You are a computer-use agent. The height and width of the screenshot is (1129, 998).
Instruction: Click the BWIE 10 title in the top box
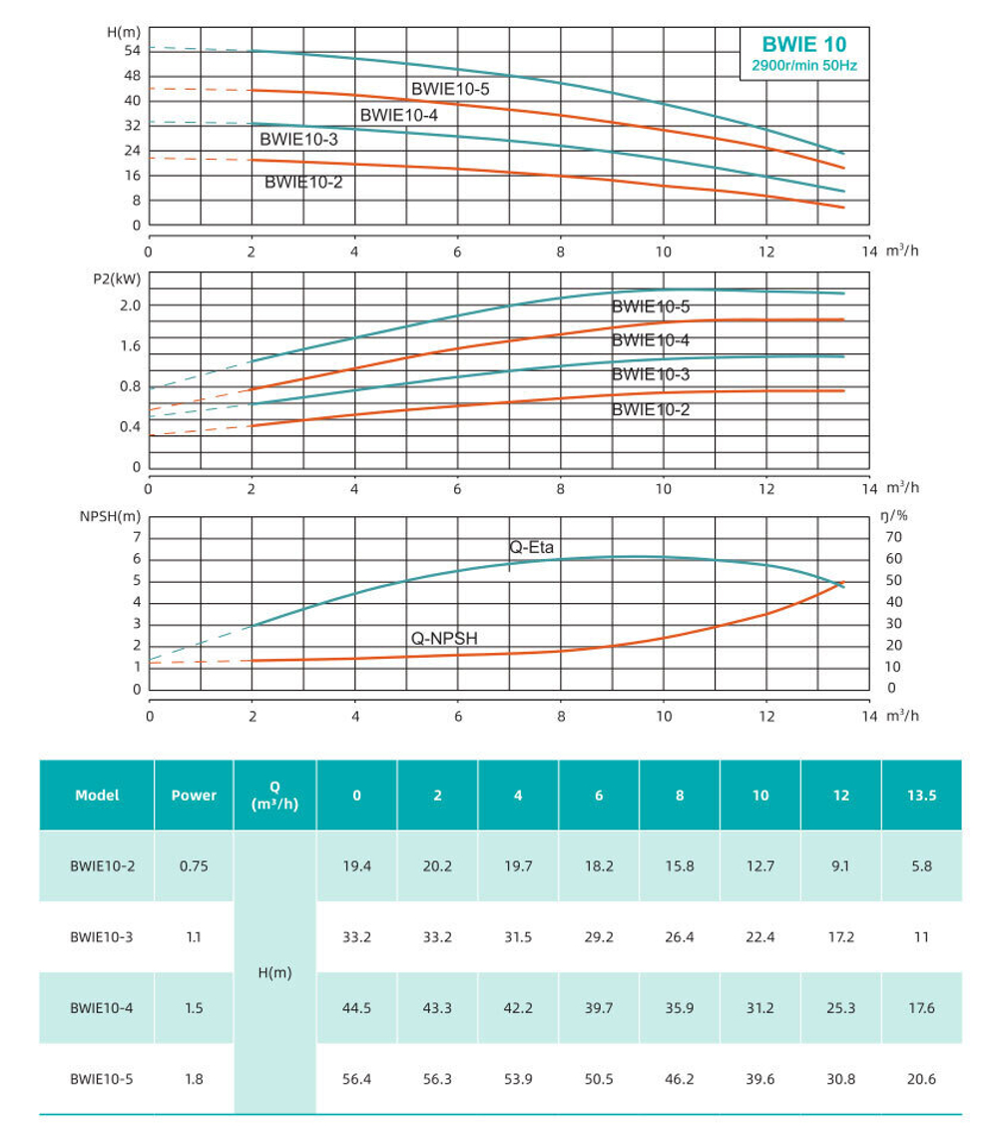point(803,44)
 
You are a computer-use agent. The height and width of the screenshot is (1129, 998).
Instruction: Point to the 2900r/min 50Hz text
point(803,66)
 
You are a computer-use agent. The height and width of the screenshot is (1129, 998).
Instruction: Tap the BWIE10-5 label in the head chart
point(450,89)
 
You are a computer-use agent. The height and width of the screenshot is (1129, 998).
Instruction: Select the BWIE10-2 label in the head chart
point(303,182)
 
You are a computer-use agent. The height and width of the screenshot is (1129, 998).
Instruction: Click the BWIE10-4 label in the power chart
point(651,340)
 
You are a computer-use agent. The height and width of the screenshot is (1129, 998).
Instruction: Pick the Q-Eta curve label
point(531,546)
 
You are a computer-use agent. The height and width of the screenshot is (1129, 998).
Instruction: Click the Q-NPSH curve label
point(446,638)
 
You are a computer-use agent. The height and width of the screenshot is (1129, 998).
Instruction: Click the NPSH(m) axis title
point(112,516)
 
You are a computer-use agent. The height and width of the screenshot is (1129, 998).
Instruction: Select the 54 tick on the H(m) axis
point(132,50)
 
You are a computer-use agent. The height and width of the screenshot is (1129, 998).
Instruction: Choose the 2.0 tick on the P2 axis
point(130,304)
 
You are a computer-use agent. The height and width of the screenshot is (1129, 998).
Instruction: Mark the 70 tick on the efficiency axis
point(893,537)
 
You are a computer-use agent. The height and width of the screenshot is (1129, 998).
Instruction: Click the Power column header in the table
point(194,796)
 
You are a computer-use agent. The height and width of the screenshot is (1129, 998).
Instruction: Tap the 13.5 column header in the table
point(921,796)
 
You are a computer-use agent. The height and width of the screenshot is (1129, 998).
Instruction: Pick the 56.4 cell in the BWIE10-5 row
point(356,1079)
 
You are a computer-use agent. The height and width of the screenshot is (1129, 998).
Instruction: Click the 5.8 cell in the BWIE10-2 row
point(921,866)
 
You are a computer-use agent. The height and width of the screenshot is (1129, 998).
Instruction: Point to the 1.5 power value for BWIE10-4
point(194,1008)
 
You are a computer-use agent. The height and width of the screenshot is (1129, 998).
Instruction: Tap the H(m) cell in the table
point(274,972)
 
